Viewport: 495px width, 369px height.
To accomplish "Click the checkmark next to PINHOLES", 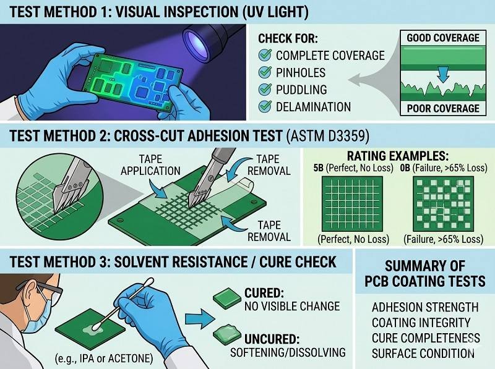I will (x=264, y=72).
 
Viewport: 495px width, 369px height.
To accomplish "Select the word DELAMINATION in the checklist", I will (x=314, y=107).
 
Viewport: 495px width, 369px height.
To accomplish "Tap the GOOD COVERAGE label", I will (x=442, y=38).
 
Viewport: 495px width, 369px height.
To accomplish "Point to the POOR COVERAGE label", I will (x=442, y=108).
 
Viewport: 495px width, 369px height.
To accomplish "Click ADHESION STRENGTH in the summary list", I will (x=425, y=307).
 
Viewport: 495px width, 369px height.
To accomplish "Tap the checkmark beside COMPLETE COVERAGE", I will (x=264, y=55).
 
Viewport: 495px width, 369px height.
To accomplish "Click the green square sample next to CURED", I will (x=226, y=300).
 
